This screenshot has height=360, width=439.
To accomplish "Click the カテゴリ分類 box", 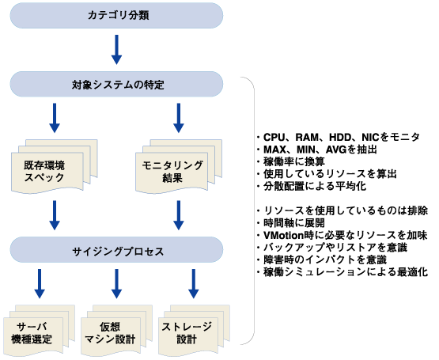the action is (116, 15).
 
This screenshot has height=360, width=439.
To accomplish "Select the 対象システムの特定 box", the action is (116, 84).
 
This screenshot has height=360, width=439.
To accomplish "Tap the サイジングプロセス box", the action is (116, 250).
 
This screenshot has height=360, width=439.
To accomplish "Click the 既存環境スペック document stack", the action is (55, 166).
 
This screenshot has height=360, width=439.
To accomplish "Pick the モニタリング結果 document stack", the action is (179, 166).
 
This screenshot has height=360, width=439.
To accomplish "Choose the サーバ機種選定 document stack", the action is (40, 330).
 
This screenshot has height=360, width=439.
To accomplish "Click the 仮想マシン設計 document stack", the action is (116, 330).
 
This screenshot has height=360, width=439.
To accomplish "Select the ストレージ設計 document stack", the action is (194, 330).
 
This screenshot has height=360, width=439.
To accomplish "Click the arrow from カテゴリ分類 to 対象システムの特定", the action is (116, 50).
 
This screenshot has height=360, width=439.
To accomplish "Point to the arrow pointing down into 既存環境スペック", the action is (55, 118).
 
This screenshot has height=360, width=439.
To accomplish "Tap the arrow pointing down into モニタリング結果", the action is (179, 118).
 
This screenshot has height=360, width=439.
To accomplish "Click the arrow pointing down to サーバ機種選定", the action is (40, 284).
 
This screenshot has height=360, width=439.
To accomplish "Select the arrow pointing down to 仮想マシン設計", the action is (116, 284).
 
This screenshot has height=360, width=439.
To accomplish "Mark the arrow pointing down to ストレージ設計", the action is (194, 284).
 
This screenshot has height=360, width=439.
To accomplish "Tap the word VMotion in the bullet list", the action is (284, 235).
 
